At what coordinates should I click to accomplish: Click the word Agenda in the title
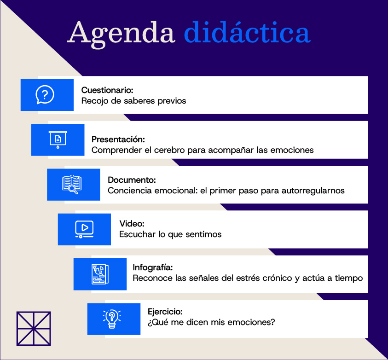121,34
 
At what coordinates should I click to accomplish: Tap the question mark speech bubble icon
45,95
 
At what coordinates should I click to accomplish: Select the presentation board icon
58,139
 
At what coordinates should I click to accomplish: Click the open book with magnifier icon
72,184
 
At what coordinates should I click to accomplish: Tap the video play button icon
84,229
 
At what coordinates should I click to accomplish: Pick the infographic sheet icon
100,274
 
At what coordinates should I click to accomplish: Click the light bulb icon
112,319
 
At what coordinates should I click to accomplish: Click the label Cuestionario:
107,90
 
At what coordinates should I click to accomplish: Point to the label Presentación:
118,139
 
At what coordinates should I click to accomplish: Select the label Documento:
132,180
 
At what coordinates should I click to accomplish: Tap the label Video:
132,224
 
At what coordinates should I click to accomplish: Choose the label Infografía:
153,267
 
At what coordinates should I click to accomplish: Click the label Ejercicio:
165,312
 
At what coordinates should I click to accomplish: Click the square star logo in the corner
34,329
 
